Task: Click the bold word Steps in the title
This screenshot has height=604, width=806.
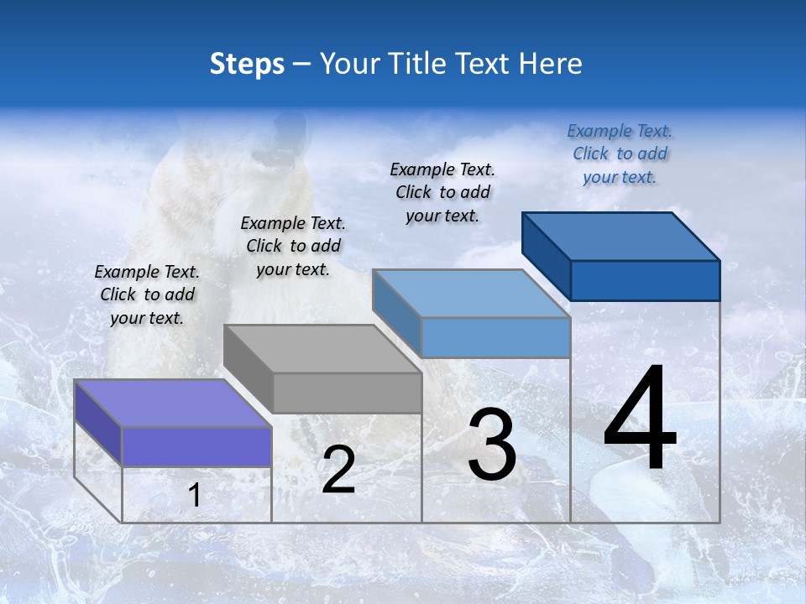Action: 247,64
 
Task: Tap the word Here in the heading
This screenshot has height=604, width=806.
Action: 551,64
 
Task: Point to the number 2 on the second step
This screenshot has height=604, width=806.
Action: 338,471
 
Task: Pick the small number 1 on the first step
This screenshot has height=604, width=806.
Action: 194,496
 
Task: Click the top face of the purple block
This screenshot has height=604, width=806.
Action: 172,403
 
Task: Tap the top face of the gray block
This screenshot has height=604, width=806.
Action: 322,348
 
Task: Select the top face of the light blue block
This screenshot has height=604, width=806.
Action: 471,294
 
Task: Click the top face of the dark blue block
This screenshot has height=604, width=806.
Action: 621,237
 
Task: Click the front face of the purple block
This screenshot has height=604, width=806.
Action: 196,446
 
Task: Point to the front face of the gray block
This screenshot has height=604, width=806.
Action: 347,393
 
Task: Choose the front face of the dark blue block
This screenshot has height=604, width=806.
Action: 645,280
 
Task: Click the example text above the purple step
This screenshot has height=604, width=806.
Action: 147,294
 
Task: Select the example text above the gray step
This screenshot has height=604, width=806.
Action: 293,246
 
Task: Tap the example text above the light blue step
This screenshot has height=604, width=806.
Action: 442,192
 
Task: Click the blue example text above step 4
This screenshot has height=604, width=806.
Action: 620,154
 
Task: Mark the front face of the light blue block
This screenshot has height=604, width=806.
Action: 495,337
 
